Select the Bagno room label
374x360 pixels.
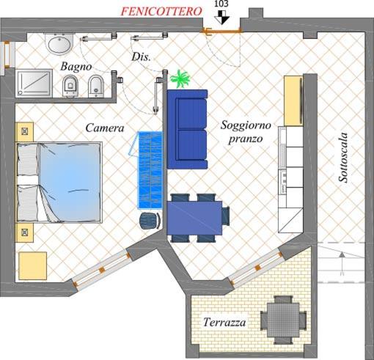(76, 67)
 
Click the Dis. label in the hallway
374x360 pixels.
(141, 57)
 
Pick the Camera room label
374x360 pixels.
(104, 128)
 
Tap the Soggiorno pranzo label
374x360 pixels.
(246, 132)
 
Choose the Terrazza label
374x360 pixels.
(224, 322)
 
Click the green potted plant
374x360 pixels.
(178, 78)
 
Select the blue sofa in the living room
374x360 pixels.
(188, 128)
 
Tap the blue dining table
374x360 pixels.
(195, 217)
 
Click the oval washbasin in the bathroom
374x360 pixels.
(59, 45)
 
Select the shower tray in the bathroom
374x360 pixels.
(34, 82)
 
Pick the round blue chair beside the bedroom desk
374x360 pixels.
(150, 219)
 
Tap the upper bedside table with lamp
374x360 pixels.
(25, 131)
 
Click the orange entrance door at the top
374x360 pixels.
(223, 31)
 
